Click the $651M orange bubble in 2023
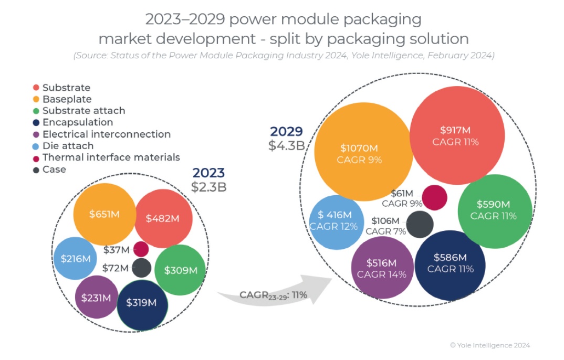coord(105,214)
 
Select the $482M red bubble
coord(162,218)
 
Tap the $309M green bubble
coord(180,270)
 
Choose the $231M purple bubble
coord(97,297)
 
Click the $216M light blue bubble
coord(76,258)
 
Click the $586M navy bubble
coord(450,264)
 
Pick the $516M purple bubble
coord(381,268)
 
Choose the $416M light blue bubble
coord(337,220)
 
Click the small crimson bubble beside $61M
coord(434,198)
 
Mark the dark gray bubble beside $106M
coord(420,224)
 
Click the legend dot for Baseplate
coord(36,99)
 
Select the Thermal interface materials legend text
coord(111,157)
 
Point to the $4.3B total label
coord(287,145)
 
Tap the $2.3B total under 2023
coord(209,187)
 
